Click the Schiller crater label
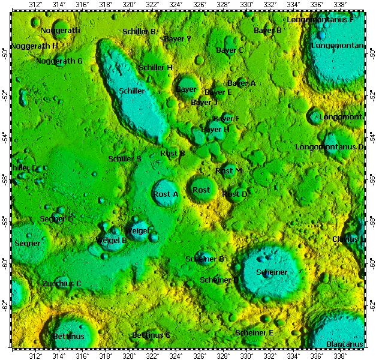pos(132,91)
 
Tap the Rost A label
pos(166,194)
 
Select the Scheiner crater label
pos(272,272)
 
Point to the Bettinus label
pos(68,337)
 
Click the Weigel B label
pos(112,241)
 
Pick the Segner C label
pos(56,219)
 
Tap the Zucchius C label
pos(62,283)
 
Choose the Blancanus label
pos(344,344)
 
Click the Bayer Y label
pos(178,39)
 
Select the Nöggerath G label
pos(59,61)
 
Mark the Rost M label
pos(228,171)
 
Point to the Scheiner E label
pos(254,333)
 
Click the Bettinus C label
pos(151,335)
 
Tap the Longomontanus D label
pos(329,147)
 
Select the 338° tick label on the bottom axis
pos(340,355)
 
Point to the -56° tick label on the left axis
pos(5,179)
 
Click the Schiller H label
pos(156,68)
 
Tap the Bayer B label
pos(267,31)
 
